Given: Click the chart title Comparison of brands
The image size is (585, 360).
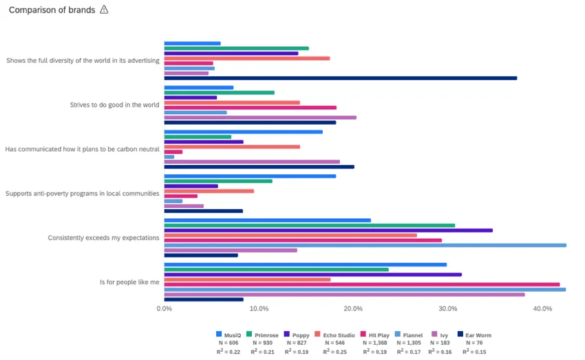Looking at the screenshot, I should (52, 10).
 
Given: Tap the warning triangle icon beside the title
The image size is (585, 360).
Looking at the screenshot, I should (104, 10).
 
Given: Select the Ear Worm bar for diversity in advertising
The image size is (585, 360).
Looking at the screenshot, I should (340, 78).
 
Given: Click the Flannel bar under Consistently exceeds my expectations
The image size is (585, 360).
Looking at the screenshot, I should (365, 245).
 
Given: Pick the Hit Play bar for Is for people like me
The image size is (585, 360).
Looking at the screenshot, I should (361, 284).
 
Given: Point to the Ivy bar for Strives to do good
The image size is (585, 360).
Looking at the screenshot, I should (260, 117).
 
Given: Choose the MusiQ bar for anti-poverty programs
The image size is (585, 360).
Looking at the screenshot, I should (250, 176).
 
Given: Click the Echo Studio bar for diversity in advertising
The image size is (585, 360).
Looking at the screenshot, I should (246, 58).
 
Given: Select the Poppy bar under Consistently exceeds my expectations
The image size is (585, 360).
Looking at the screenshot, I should (328, 230).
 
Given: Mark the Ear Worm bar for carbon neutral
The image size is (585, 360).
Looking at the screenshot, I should (259, 167).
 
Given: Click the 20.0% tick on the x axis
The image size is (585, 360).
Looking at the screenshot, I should (353, 308).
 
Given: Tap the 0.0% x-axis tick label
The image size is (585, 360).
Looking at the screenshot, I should (164, 308).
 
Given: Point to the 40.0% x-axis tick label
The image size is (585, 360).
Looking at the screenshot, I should (542, 308).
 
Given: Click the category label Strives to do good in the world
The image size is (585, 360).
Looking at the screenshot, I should (114, 105).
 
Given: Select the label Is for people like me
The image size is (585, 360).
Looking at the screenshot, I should (129, 282).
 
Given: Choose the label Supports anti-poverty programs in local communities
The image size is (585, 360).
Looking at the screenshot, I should (83, 193).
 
